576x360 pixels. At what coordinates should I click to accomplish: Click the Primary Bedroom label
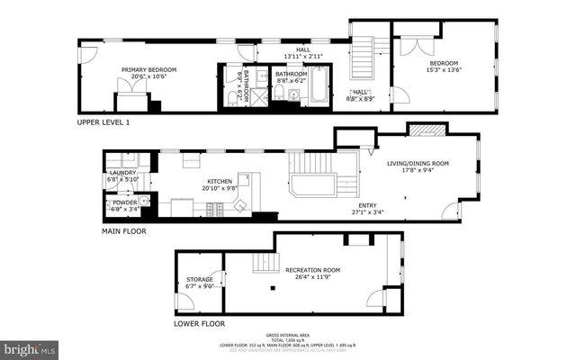click(149, 70)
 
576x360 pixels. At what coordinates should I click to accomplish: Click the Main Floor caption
click(123, 230)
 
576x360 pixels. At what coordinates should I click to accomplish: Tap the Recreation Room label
click(312, 270)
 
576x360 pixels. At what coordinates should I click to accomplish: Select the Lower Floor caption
click(199, 322)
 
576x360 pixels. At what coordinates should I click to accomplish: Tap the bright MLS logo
click(30, 347)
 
